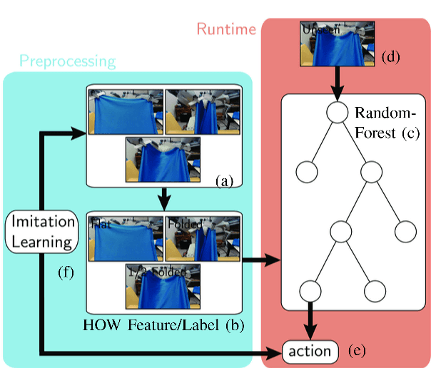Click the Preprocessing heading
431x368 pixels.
click(x=67, y=61)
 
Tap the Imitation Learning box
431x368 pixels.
click(x=42, y=232)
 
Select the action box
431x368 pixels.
click(x=310, y=351)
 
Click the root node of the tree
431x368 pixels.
click(x=336, y=111)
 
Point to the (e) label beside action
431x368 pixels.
click(x=359, y=351)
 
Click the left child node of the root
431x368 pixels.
click(x=305, y=172)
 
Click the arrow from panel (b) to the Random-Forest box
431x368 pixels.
click(x=261, y=262)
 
